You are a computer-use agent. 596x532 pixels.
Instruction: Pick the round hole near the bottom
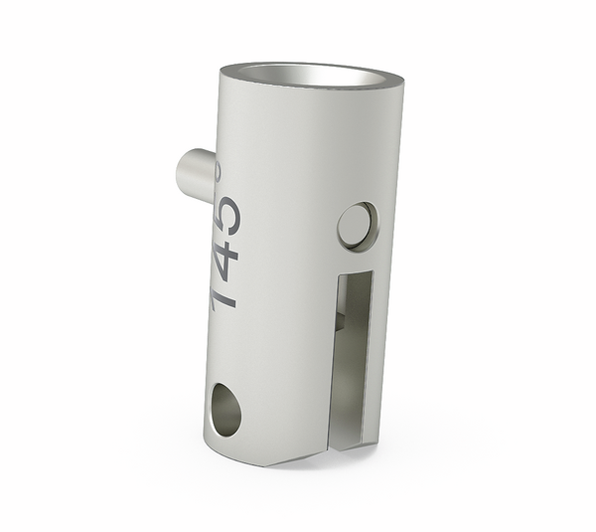pos(225,411)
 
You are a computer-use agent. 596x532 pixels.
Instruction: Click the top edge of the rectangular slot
pos(356,274)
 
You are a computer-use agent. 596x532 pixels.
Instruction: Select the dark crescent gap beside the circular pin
pos(371,225)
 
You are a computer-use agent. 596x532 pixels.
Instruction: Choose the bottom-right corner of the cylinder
pos(375,442)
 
